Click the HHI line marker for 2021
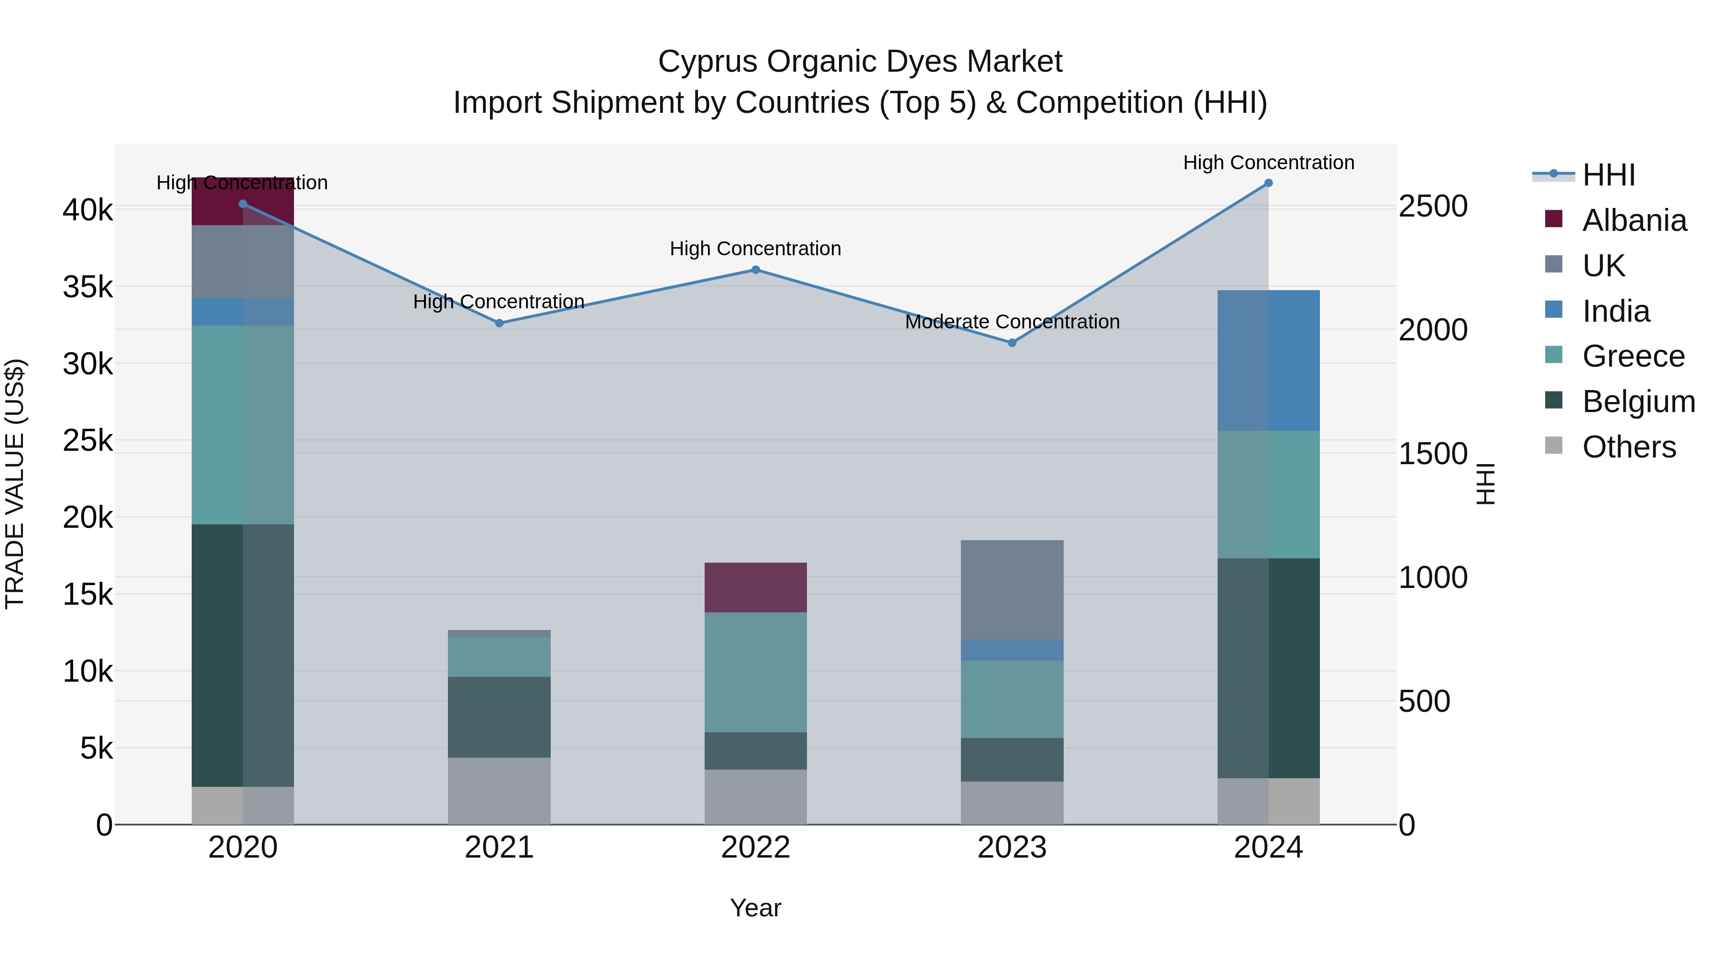coord(499,323)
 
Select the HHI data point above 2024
coord(1268,183)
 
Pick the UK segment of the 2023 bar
coord(1012,589)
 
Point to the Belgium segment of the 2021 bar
coord(499,717)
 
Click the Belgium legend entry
coord(1638,402)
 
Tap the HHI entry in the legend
coord(1609,175)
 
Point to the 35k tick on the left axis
coord(87,288)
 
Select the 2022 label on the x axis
coord(756,848)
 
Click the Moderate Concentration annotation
coord(1012,322)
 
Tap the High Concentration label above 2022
coord(756,249)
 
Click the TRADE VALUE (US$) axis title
coord(15,484)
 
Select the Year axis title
coord(756,908)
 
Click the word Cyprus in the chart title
coord(708,62)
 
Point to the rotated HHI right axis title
coord(1485,484)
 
